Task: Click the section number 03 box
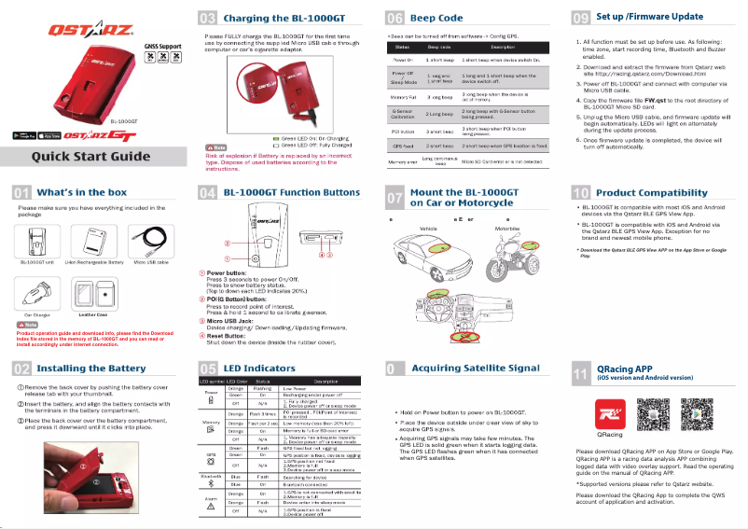pos(209,17)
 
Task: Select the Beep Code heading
pos(436,17)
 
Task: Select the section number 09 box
pos(580,17)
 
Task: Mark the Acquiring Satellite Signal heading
pos(476,369)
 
